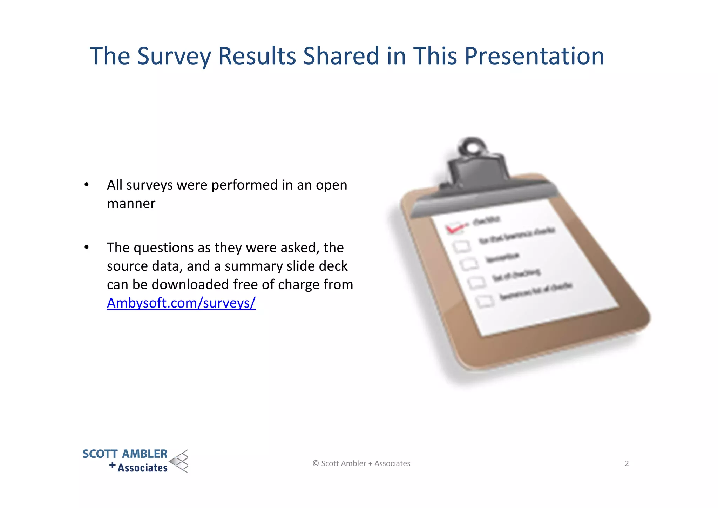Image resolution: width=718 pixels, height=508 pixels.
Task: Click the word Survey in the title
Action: (174, 56)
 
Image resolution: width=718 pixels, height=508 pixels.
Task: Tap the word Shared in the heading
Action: (341, 56)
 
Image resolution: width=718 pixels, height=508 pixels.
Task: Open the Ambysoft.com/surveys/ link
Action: (181, 303)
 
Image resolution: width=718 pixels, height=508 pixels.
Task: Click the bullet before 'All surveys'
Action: (86, 185)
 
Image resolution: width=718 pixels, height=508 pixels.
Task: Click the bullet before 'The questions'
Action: (86, 248)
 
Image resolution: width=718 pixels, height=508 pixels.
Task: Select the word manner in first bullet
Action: (131, 204)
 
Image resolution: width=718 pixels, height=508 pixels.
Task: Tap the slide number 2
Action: (626, 463)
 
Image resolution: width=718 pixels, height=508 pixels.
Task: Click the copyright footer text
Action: (361, 463)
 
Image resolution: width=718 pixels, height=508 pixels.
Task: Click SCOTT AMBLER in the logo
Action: (125, 454)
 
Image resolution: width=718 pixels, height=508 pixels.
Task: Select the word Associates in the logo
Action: (142, 468)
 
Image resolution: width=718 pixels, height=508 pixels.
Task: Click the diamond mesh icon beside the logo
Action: (179, 461)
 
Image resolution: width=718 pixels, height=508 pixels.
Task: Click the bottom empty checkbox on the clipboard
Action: (485, 301)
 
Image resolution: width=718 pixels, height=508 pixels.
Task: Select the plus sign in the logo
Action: (112, 466)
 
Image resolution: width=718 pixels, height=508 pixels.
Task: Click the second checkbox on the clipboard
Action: (461, 246)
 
